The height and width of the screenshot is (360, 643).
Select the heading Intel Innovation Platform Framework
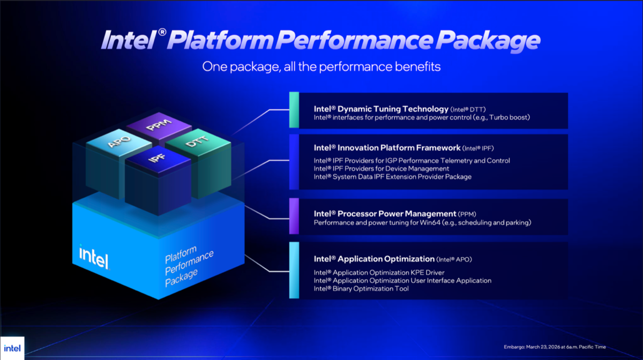(x=387, y=147)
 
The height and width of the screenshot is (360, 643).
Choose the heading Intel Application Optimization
(x=374, y=259)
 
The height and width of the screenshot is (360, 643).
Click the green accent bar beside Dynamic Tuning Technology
(x=294, y=110)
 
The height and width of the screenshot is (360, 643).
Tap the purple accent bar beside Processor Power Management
(x=294, y=216)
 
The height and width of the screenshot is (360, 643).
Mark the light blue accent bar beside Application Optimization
(x=294, y=270)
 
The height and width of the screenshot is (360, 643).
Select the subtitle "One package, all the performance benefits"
(x=321, y=67)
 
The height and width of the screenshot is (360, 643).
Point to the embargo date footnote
(x=555, y=347)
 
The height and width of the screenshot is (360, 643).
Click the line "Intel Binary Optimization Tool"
(x=361, y=289)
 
